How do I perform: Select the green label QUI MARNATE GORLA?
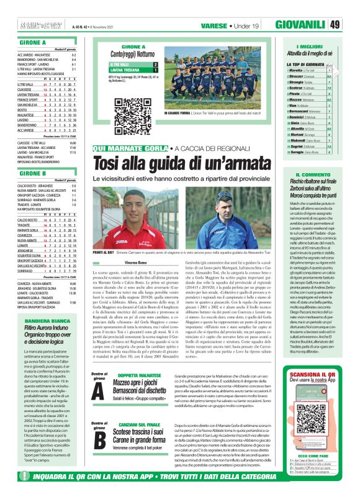[x=127, y=148]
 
